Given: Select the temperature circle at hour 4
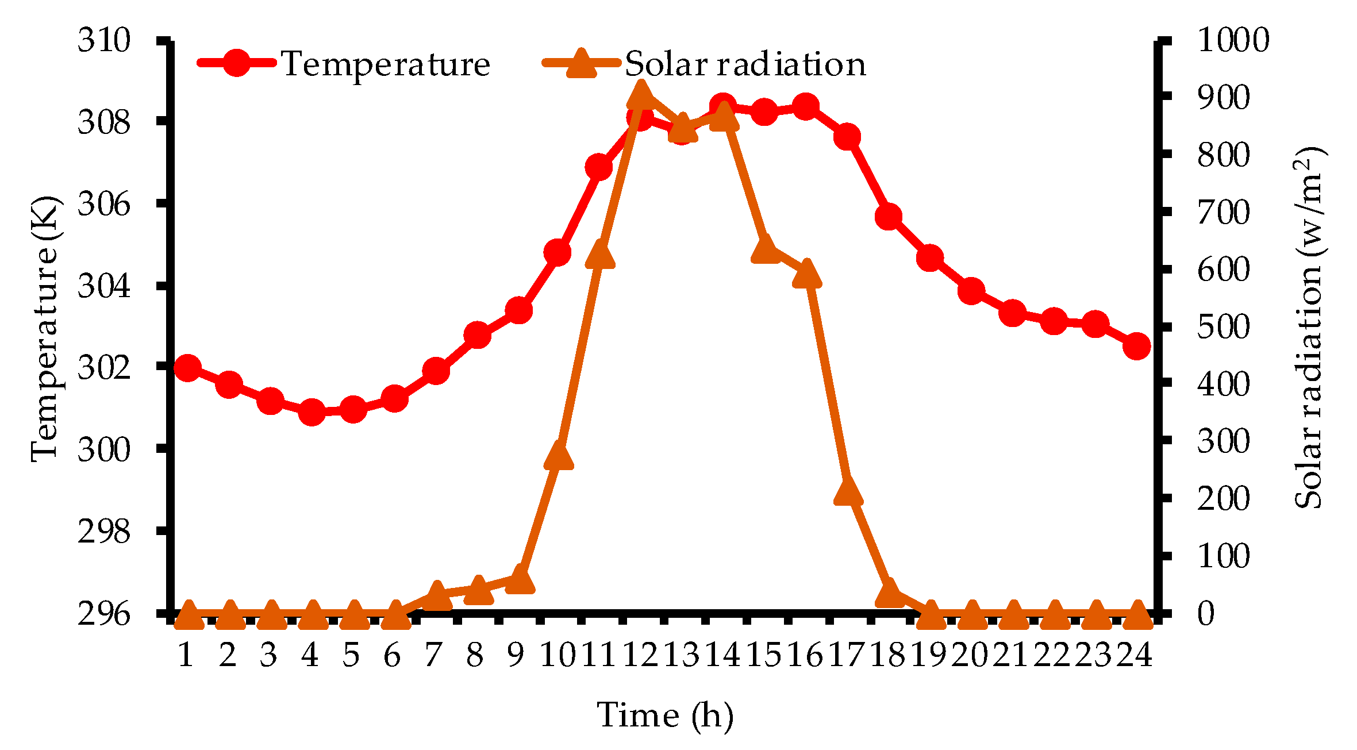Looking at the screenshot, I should click(312, 412).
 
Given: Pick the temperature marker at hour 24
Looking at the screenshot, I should click(1137, 346).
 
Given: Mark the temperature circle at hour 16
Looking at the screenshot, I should click(805, 106).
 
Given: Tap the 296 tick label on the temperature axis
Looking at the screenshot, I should click(104, 614).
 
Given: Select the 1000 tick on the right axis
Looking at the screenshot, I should click(1233, 40).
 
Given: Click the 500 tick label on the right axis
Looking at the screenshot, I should click(1224, 327).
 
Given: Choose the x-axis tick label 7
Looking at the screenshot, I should click(434, 655).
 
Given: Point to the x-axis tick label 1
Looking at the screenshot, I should click(186, 655).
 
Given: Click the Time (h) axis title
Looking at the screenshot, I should click(665, 715).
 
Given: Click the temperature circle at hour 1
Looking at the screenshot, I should click(187, 368).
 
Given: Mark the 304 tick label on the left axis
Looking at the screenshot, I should click(104, 286).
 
